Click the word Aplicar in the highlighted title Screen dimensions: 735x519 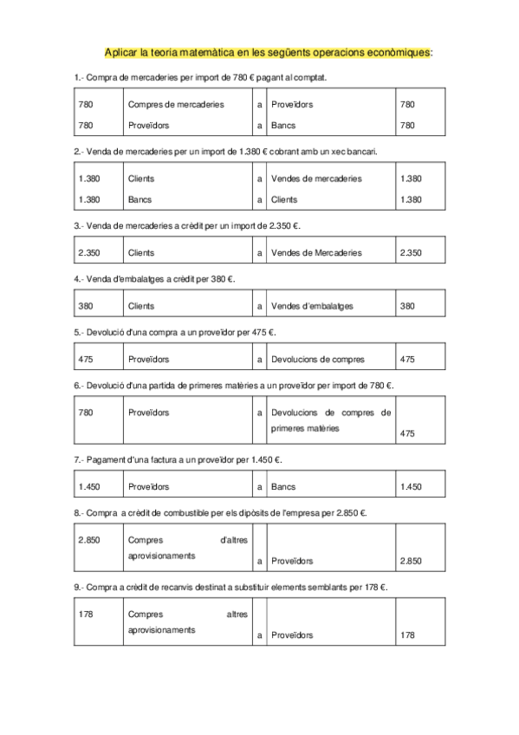coord(119,53)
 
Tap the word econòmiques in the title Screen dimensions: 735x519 coord(399,53)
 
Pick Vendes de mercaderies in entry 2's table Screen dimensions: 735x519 coord(316,179)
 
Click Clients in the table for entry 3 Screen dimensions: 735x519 coord(141,253)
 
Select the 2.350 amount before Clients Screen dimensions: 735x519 coord(90,253)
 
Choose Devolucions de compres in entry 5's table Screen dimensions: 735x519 coord(318,359)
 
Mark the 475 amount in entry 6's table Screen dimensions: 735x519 coord(410,433)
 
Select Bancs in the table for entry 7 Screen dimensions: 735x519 coord(283,486)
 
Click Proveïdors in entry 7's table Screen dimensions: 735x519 coord(148,486)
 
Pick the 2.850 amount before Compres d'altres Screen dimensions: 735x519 coord(90,540)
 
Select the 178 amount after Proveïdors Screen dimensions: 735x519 coord(408,635)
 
